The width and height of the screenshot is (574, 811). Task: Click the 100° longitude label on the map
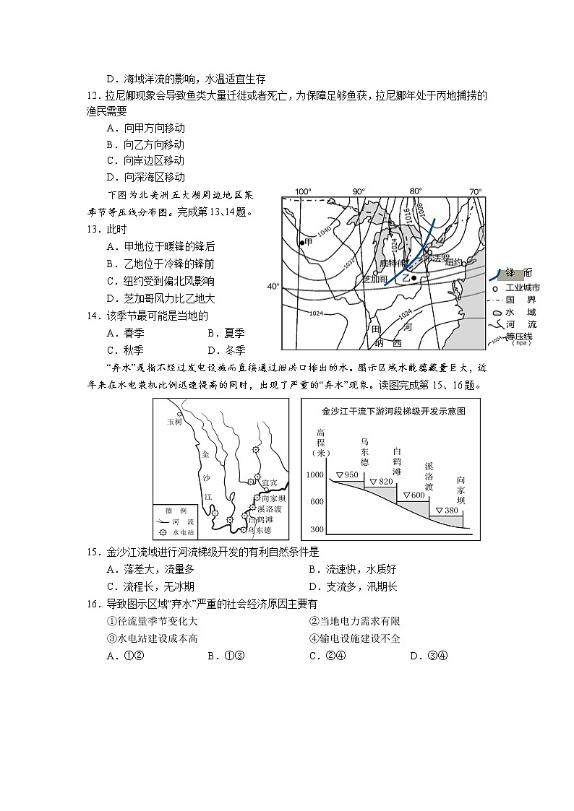(302, 191)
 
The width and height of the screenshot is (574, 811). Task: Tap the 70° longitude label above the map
(475, 191)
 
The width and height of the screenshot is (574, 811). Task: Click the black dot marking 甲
(302, 242)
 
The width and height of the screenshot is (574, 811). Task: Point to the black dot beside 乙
(413, 277)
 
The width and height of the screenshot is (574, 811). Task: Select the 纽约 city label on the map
(453, 262)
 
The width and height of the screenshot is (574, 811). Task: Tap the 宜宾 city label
(269, 482)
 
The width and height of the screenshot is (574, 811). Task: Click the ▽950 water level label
(348, 474)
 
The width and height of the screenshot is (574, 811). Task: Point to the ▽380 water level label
(447, 511)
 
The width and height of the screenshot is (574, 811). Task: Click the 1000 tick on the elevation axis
(314, 474)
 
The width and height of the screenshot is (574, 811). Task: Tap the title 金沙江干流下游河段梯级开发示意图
(393, 411)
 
